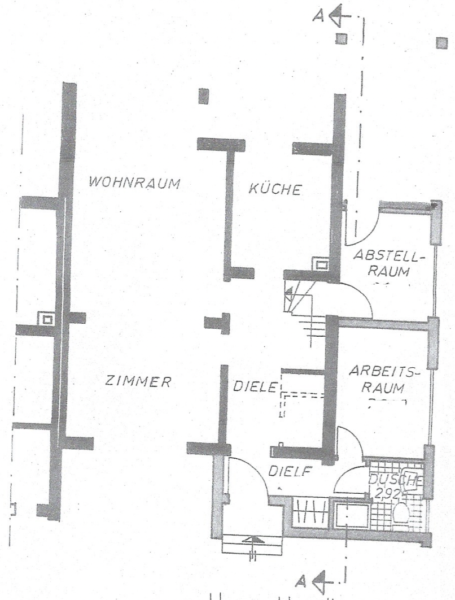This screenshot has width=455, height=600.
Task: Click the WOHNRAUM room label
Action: (134, 183)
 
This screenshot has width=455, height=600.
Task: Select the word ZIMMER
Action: (138, 381)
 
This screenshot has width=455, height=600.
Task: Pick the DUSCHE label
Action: (395, 481)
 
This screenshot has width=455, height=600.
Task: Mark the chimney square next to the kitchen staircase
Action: (322, 264)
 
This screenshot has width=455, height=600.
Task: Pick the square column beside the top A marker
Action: (340, 38)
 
